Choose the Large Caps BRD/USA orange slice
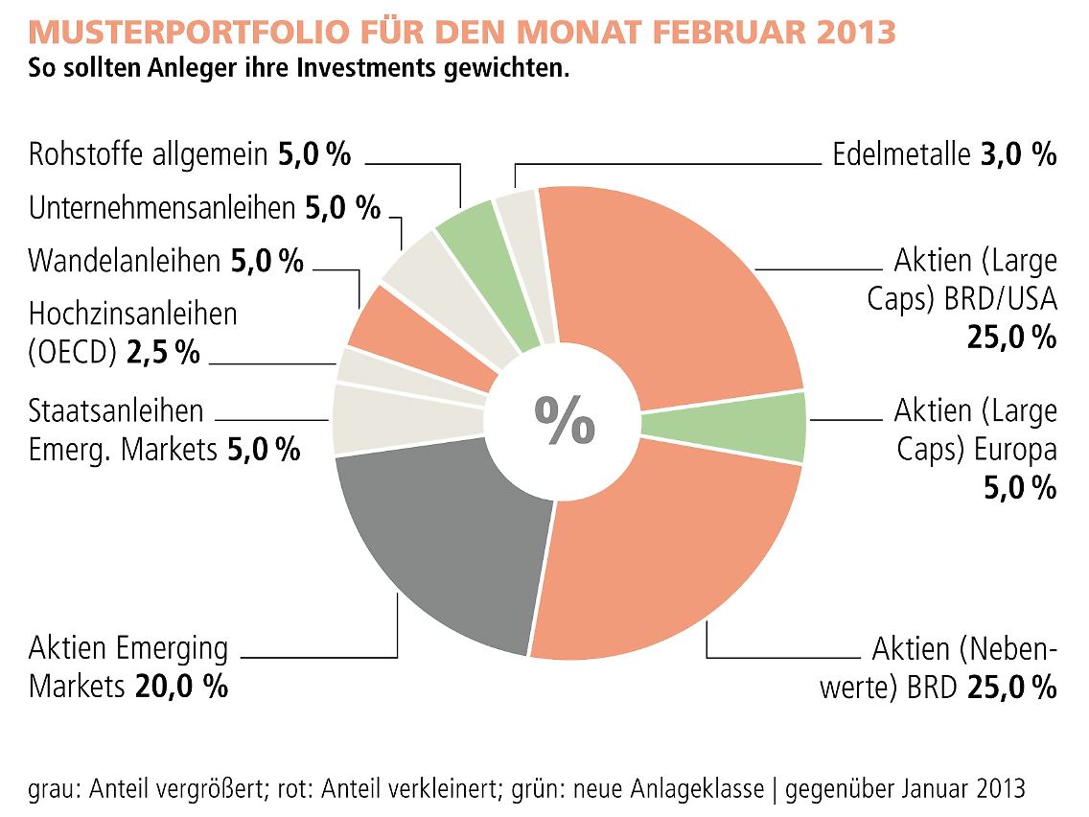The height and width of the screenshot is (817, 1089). pos(671,288)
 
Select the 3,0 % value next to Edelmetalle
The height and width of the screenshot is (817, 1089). pos(1017,154)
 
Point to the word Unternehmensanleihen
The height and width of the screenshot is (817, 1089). pos(162,207)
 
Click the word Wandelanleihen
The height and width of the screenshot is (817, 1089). pos(126,260)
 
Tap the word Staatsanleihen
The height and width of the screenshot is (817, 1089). pos(116,410)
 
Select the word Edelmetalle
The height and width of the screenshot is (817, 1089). pos(901,154)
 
